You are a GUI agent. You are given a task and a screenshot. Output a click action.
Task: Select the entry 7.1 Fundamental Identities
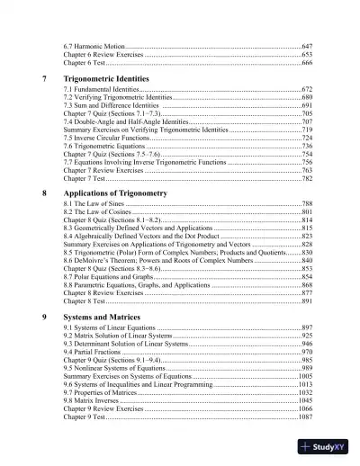pos(101,91)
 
